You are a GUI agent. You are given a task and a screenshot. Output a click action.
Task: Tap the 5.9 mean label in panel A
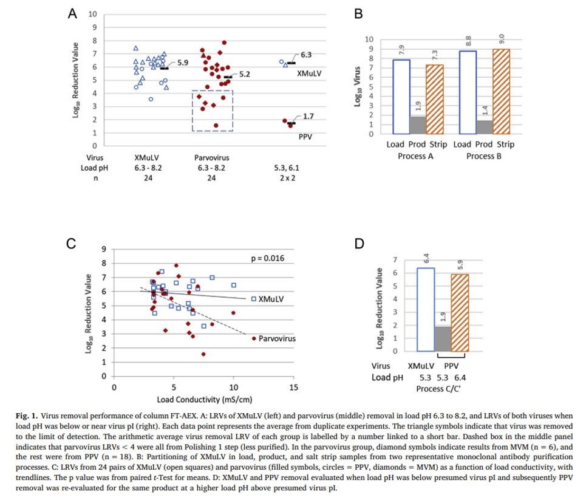tap(183, 63)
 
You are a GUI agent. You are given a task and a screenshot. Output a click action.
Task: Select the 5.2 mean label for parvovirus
tap(245, 74)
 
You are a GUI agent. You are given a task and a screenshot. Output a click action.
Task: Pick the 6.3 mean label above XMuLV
tap(306, 55)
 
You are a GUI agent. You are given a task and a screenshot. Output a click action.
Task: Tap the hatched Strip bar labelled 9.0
tap(501, 91)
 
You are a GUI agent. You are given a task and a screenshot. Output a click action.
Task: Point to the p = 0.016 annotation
tap(268, 258)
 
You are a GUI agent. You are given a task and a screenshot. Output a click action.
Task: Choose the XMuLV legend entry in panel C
tap(267, 299)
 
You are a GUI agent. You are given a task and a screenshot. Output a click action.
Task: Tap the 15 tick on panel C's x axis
tap(294, 387)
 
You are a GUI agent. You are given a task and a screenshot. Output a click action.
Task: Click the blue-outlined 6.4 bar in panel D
tap(426, 309)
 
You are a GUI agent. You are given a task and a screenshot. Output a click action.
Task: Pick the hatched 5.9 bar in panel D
tap(460, 312)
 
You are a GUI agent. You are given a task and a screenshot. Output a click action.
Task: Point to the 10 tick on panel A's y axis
tap(92, 14)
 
